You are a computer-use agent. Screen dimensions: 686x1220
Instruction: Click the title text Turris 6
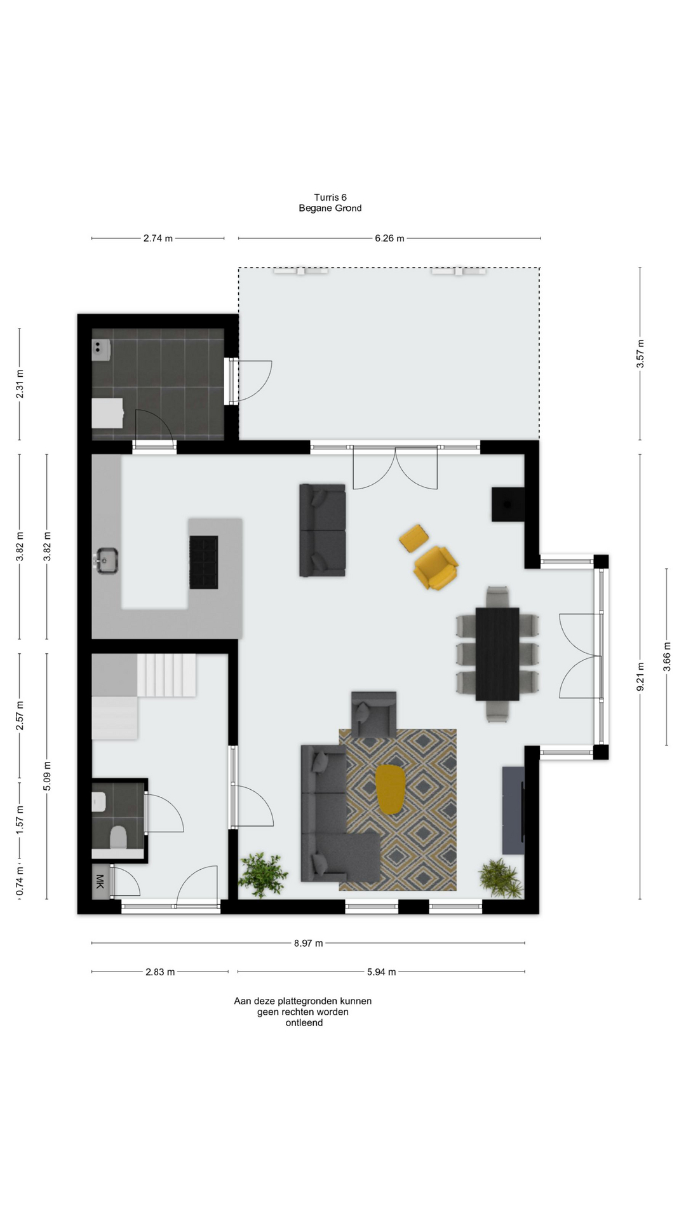point(330,198)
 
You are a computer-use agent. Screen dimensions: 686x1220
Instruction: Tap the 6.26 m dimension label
point(389,238)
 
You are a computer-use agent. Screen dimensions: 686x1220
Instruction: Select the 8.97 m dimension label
point(308,943)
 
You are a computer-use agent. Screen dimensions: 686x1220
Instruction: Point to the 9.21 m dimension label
point(640,676)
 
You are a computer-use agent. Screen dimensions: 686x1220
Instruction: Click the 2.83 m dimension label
point(160,972)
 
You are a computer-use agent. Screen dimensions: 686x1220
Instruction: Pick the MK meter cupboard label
point(100,881)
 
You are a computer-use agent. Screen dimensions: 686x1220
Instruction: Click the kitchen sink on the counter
point(108,560)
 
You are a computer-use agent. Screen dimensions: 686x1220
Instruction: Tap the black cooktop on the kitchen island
point(203,562)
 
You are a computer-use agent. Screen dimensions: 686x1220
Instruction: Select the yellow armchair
point(435,567)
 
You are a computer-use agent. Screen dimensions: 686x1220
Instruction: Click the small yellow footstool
point(413,538)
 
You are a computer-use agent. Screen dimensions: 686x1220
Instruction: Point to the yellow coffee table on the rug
point(390,789)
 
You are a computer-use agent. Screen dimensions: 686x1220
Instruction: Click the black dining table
point(497,654)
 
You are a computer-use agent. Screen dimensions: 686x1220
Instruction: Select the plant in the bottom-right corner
point(501,878)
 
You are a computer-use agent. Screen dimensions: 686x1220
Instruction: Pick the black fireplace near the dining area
point(508,505)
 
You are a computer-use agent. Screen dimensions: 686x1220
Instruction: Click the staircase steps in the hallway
point(166,676)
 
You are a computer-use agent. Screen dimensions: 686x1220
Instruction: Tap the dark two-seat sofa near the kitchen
point(323,530)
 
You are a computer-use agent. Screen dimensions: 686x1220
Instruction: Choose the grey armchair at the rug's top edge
point(374,714)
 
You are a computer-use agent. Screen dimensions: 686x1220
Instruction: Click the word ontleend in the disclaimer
point(304,1022)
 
